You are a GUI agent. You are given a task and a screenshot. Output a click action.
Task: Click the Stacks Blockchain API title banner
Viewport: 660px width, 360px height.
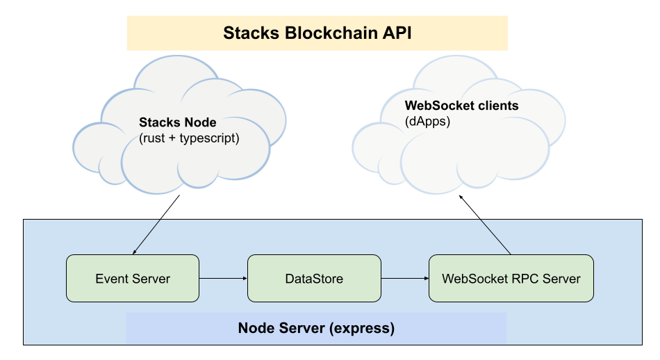click(x=317, y=33)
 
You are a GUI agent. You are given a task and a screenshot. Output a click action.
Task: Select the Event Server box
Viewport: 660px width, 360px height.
click(x=133, y=279)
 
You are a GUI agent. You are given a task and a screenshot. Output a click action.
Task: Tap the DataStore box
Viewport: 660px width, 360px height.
click(x=314, y=279)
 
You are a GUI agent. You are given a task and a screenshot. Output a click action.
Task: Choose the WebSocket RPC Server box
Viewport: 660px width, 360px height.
click(x=511, y=279)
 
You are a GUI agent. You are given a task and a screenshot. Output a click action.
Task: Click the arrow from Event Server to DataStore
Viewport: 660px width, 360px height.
click(x=223, y=279)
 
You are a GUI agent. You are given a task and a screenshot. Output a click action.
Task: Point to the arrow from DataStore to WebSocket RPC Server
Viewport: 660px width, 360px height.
click(x=404, y=279)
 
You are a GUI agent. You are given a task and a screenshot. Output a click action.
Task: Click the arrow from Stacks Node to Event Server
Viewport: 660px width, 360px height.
click(x=147, y=237)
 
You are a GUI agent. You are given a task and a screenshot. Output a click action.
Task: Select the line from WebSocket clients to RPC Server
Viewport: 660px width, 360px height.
click(x=496, y=237)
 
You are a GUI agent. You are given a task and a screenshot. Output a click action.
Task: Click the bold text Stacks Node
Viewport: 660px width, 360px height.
click(x=178, y=123)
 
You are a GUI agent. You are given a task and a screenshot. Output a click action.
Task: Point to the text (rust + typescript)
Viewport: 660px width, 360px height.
click(x=189, y=138)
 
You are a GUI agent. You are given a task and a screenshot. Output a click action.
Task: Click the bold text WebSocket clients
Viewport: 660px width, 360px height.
click(x=461, y=106)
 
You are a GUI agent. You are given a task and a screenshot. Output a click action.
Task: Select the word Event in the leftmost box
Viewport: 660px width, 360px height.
click(x=109, y=279)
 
